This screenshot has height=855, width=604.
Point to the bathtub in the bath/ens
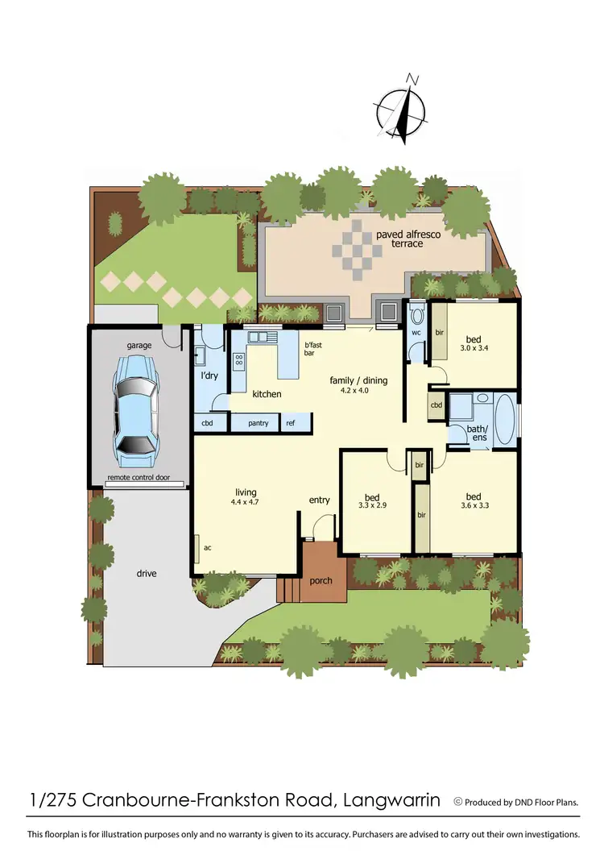point(505,419)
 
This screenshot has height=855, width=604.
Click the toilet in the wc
point(416,313)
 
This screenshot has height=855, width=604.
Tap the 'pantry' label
point(258,422)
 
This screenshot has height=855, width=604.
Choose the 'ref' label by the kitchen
point(291,422)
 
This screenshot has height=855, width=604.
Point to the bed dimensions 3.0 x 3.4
point(473,350)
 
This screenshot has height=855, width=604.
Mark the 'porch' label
point(321,580)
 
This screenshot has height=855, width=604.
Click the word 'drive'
point(147,574)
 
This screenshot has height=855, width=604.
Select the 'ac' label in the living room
point(207,547)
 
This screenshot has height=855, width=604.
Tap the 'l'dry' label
point(209,376)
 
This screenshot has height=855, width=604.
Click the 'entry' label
point(320,500)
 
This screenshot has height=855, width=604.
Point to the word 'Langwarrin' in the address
point(391,801)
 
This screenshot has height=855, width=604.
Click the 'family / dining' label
point(358,380)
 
